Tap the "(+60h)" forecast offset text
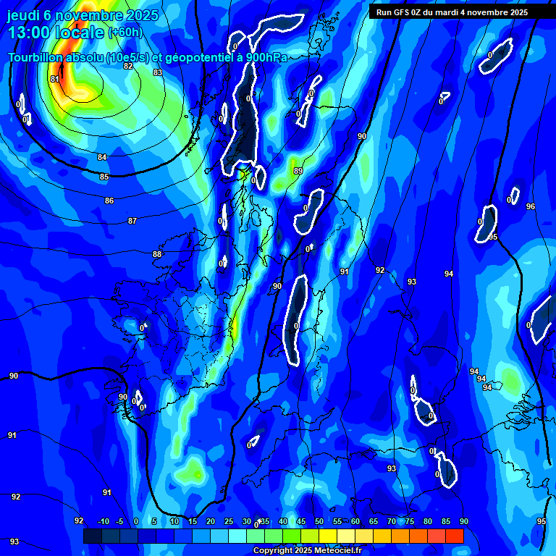(125, 33)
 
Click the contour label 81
(55, 79)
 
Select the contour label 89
(298, 171)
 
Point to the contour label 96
(531, 206)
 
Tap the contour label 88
(157, 254)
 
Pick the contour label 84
(102, 157)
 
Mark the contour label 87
(132, 221)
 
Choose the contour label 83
(158, 72)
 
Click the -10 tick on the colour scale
(103, 522)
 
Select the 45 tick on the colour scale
(300, 522)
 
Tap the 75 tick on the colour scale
(410, 522)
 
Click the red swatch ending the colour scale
(454, 536)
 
